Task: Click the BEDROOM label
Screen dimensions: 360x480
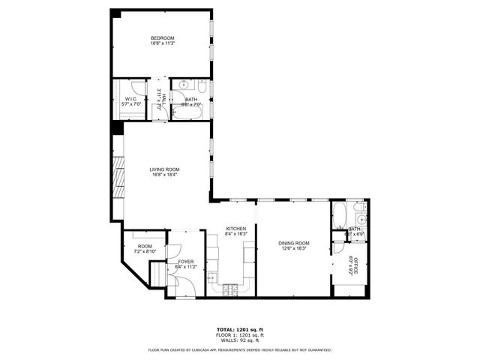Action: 162,38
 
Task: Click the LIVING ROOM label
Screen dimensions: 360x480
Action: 164,169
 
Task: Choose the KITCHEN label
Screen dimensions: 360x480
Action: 236,228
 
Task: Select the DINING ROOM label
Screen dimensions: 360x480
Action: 293,243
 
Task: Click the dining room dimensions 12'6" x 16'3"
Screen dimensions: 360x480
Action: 293,249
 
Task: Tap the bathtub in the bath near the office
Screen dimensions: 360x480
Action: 338,214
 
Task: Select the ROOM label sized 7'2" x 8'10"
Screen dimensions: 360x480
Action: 145,246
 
